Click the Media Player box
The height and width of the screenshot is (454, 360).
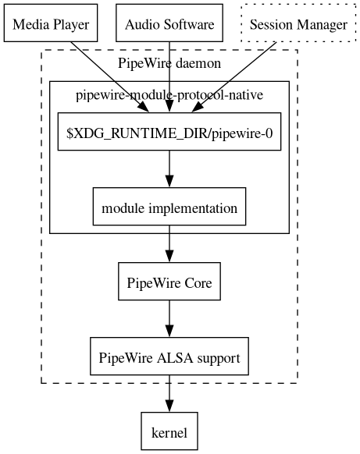[x=52, y=24]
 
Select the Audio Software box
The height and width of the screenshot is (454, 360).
[x=169, y=24]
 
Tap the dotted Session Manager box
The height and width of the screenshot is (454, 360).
[x=298, y=24]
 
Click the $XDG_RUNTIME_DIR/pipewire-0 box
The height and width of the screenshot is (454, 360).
[x=169, y=133]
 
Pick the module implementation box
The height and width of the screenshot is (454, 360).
[x=169, y=207]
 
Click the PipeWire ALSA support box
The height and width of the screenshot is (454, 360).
[x=169, y=357]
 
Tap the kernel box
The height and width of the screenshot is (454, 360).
[x=169, y=431]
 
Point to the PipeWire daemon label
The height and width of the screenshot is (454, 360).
[x=169, y=62]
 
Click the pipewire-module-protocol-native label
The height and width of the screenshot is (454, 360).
[x=169, y=95]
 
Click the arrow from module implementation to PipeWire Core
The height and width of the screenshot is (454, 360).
[x=169, y=245]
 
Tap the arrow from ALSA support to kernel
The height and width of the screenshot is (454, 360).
[x=169, y=394]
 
